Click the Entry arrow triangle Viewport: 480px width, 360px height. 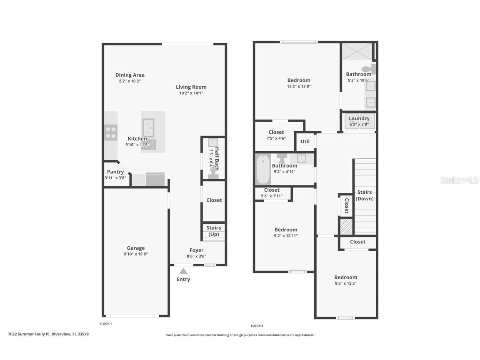[183, 271]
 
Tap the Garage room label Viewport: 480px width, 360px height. [136, 248]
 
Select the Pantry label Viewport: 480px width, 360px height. [115, 172]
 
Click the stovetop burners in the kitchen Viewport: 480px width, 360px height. [111, 132]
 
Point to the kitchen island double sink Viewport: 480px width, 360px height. [148, 128]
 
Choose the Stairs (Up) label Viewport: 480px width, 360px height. [214, 231]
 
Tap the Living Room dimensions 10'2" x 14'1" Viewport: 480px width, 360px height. [191, 93]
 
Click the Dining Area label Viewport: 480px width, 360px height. [130, 75]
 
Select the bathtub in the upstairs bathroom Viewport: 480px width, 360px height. [263, 169]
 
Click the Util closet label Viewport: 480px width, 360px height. [305, 141]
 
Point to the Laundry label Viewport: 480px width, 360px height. [359, 118]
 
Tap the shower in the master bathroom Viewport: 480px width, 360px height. [356, 51]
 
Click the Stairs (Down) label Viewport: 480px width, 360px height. [365, 195]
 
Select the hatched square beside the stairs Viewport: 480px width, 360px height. [346, 227]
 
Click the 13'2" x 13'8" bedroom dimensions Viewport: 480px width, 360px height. [299, 86]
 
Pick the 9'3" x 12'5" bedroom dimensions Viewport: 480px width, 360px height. [345, 283]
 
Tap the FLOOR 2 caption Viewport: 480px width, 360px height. [257, 325]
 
